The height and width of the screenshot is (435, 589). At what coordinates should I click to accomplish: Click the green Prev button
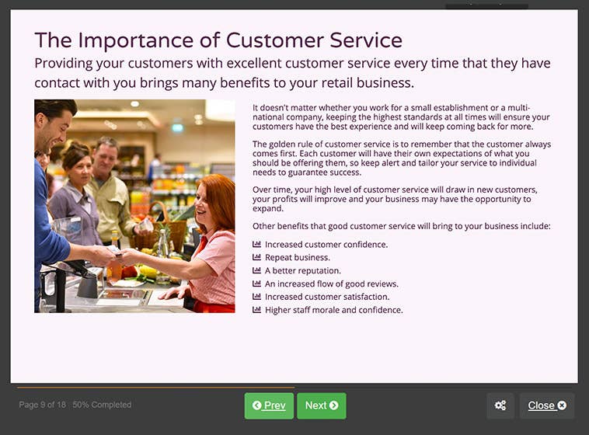tap(269, 405)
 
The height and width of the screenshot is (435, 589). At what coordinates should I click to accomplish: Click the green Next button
tap(321, 405)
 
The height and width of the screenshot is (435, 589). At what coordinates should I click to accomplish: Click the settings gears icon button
tap(500, 405)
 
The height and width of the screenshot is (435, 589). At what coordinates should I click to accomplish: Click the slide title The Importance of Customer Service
tap(218, 40)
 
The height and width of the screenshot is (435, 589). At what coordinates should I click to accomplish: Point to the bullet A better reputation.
tap(302, 271)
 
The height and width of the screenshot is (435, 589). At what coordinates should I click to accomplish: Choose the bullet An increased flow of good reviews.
tap(331, 284)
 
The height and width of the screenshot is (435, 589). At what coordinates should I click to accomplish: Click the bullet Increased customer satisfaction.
tap(326, 297)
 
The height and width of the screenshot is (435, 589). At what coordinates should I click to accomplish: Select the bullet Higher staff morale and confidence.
tap(333, 310)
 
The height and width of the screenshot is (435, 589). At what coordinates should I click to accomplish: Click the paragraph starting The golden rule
tap(402, 158)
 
